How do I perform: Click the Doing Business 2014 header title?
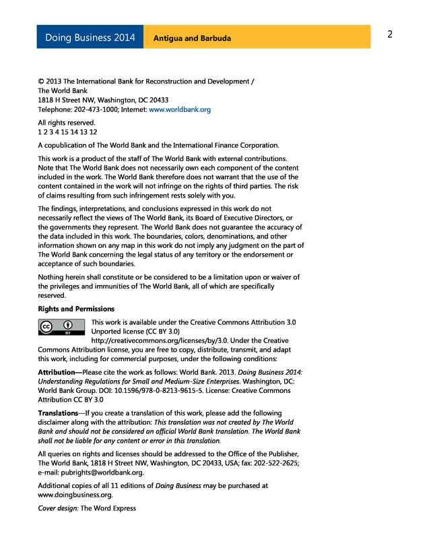[90, 38]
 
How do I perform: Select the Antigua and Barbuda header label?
[192, 38]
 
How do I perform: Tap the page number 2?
[390, 34]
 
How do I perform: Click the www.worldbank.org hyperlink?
[180, 109]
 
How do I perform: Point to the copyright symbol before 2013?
[41, 82]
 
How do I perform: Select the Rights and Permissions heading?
[76, 309]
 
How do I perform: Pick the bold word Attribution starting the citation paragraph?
[60, 372]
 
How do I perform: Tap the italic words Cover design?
[57, 508]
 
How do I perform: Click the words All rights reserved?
[67, 123]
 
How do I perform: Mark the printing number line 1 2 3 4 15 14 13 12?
[67, 132]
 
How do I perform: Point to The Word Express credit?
[108, 508]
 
